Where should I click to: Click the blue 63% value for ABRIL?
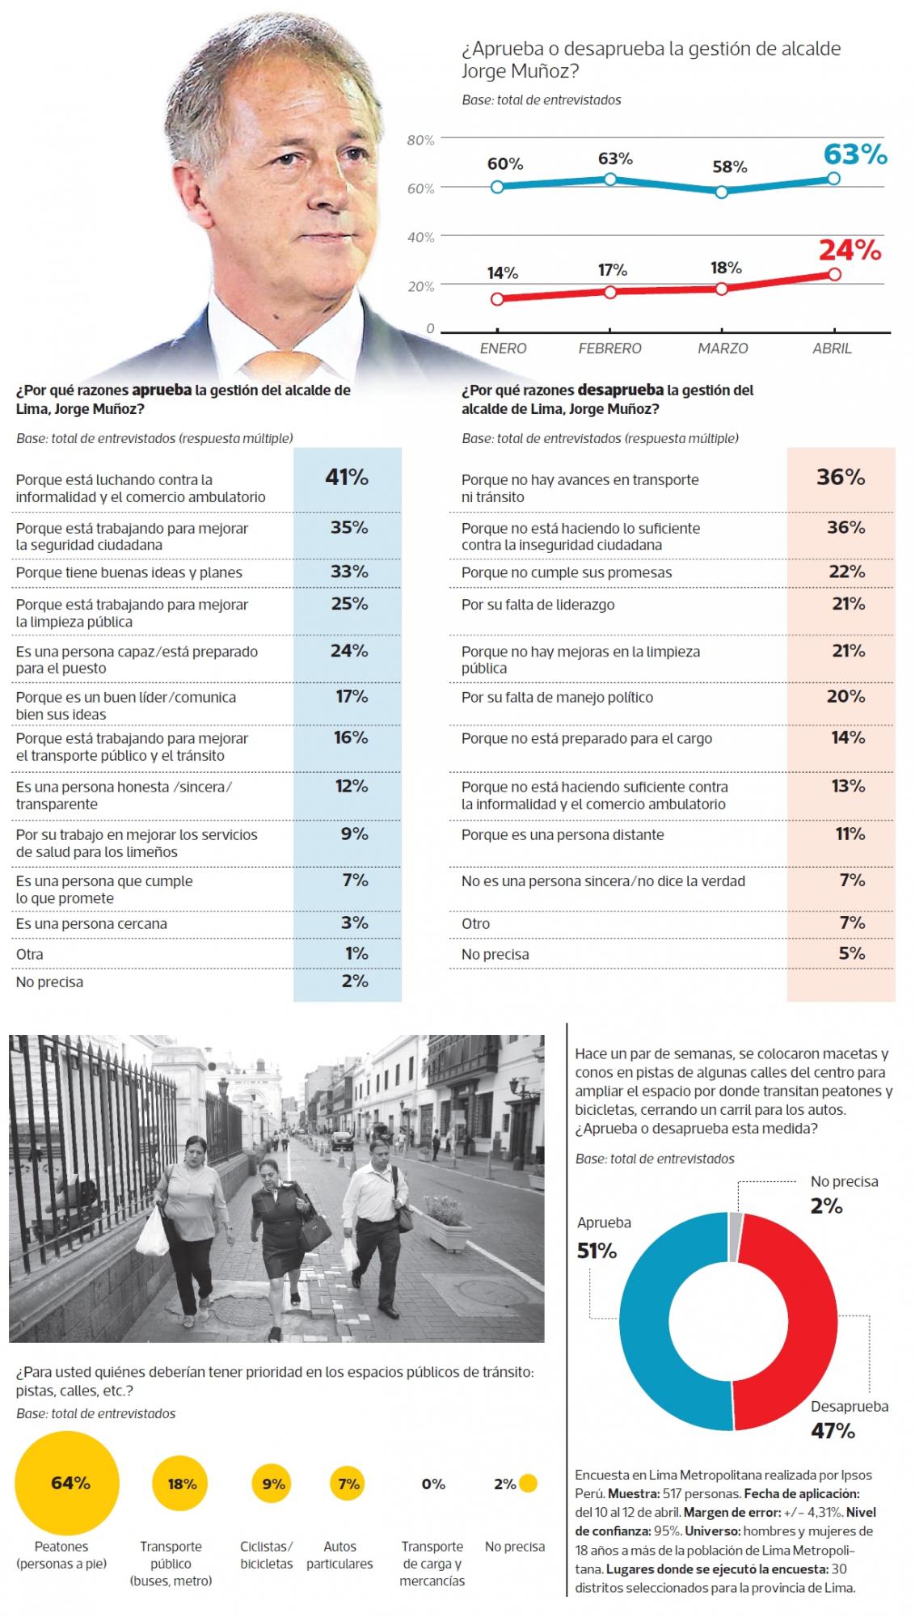(855, 154)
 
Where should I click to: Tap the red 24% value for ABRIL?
(850, 251)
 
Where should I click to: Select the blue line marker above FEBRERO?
(610, 179)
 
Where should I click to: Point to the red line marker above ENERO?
(497, 299)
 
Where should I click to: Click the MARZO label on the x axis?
(723, 348)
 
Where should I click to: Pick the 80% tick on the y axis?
(420, 140)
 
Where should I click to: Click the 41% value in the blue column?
(347, 477)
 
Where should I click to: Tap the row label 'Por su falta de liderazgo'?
(538, 605)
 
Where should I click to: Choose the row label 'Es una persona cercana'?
(91, 923)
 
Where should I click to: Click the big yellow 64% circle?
(67, 1484)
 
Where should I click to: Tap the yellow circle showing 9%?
(273, 1484)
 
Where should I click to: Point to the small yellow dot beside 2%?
(528, 1484)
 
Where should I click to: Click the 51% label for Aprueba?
(597, 1251)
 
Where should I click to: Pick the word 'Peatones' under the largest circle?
(61, 1546)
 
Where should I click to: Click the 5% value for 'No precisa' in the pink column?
(851, 953)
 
